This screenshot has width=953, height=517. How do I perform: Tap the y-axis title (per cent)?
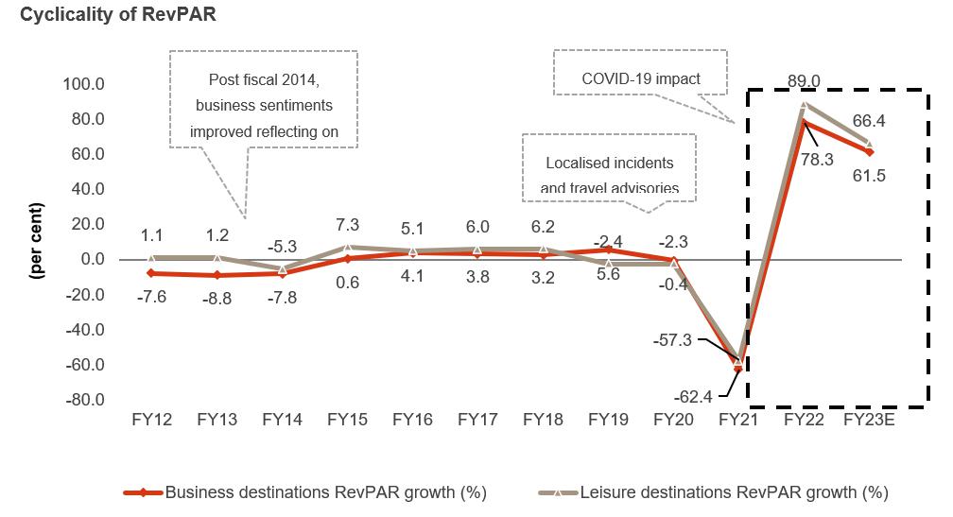click(x=37, y=240)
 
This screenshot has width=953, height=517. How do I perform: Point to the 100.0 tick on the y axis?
click(x=83, y=84)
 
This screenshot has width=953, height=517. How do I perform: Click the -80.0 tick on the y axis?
click(x=83, y=401)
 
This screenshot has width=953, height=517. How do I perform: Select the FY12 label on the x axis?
click(x=151, y=420)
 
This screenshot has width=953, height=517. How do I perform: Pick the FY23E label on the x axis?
click(x=868, y=420)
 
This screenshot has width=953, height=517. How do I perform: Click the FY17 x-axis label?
click(x=477, y=420)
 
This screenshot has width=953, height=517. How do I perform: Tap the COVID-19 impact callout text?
click(x=640, y=78)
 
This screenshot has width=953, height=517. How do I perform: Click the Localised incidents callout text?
click(x=609, y=163)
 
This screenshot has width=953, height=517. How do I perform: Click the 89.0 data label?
click(x=803, y=82)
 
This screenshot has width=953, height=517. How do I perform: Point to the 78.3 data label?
click(x=816, y=160)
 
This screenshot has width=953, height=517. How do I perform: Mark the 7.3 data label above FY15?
click(x=347, y=226)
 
